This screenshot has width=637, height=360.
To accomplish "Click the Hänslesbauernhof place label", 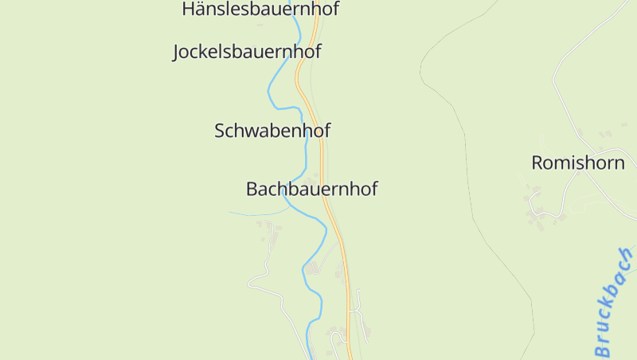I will pos(260,10).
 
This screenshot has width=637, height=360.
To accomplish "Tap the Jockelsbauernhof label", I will pos(247,53).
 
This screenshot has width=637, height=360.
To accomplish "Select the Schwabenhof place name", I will pos(272,131).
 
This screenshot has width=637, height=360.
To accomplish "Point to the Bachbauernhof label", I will pos(311,190).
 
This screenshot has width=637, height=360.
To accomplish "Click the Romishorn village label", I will pos(577,163).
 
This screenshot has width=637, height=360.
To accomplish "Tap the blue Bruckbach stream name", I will pos(613,303).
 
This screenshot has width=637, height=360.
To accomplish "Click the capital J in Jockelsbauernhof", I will pos(178,53).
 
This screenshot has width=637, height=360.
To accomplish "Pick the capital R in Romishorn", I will pos(537,163).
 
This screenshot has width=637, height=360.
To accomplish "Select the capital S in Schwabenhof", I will pos(221,131).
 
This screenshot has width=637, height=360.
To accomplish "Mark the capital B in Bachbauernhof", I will pos(252,190).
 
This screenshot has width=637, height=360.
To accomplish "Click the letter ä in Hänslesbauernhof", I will pos(201,10).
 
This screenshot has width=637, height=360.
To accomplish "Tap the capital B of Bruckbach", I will pos(603,348).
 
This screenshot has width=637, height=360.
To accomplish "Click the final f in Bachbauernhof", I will pos(373,190).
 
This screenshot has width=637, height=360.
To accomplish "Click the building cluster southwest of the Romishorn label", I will pos(537,209).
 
